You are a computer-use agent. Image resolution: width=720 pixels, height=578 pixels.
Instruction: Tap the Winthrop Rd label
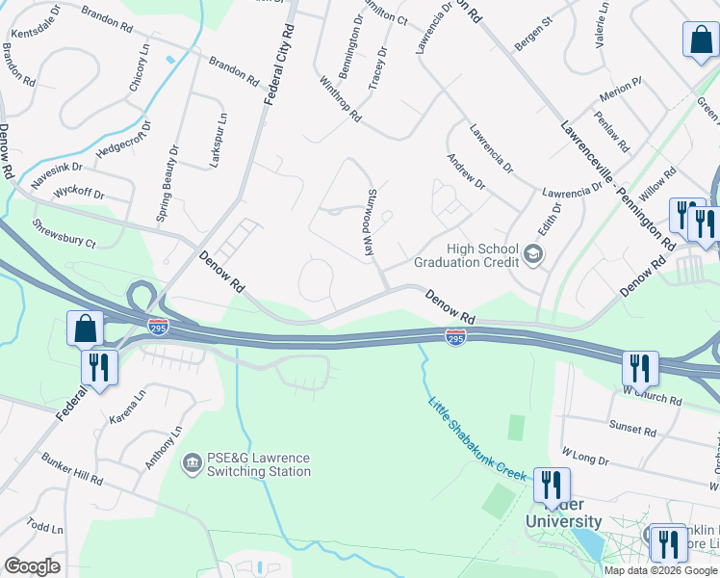(x=340, y=99)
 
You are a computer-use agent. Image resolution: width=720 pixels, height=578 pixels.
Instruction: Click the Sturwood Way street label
(x=368, y=223)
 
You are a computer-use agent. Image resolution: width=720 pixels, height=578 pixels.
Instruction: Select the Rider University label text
(x=564, y=521)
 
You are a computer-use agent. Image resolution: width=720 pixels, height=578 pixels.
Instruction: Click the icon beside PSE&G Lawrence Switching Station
(x=191, y=464)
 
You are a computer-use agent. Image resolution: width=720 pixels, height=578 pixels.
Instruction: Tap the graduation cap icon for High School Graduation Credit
(x=533, y=253)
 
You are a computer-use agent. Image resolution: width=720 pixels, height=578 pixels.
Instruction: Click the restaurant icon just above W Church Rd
(x=640, y=367)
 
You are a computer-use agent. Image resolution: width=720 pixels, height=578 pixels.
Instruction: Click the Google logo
(x=32, y=566)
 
